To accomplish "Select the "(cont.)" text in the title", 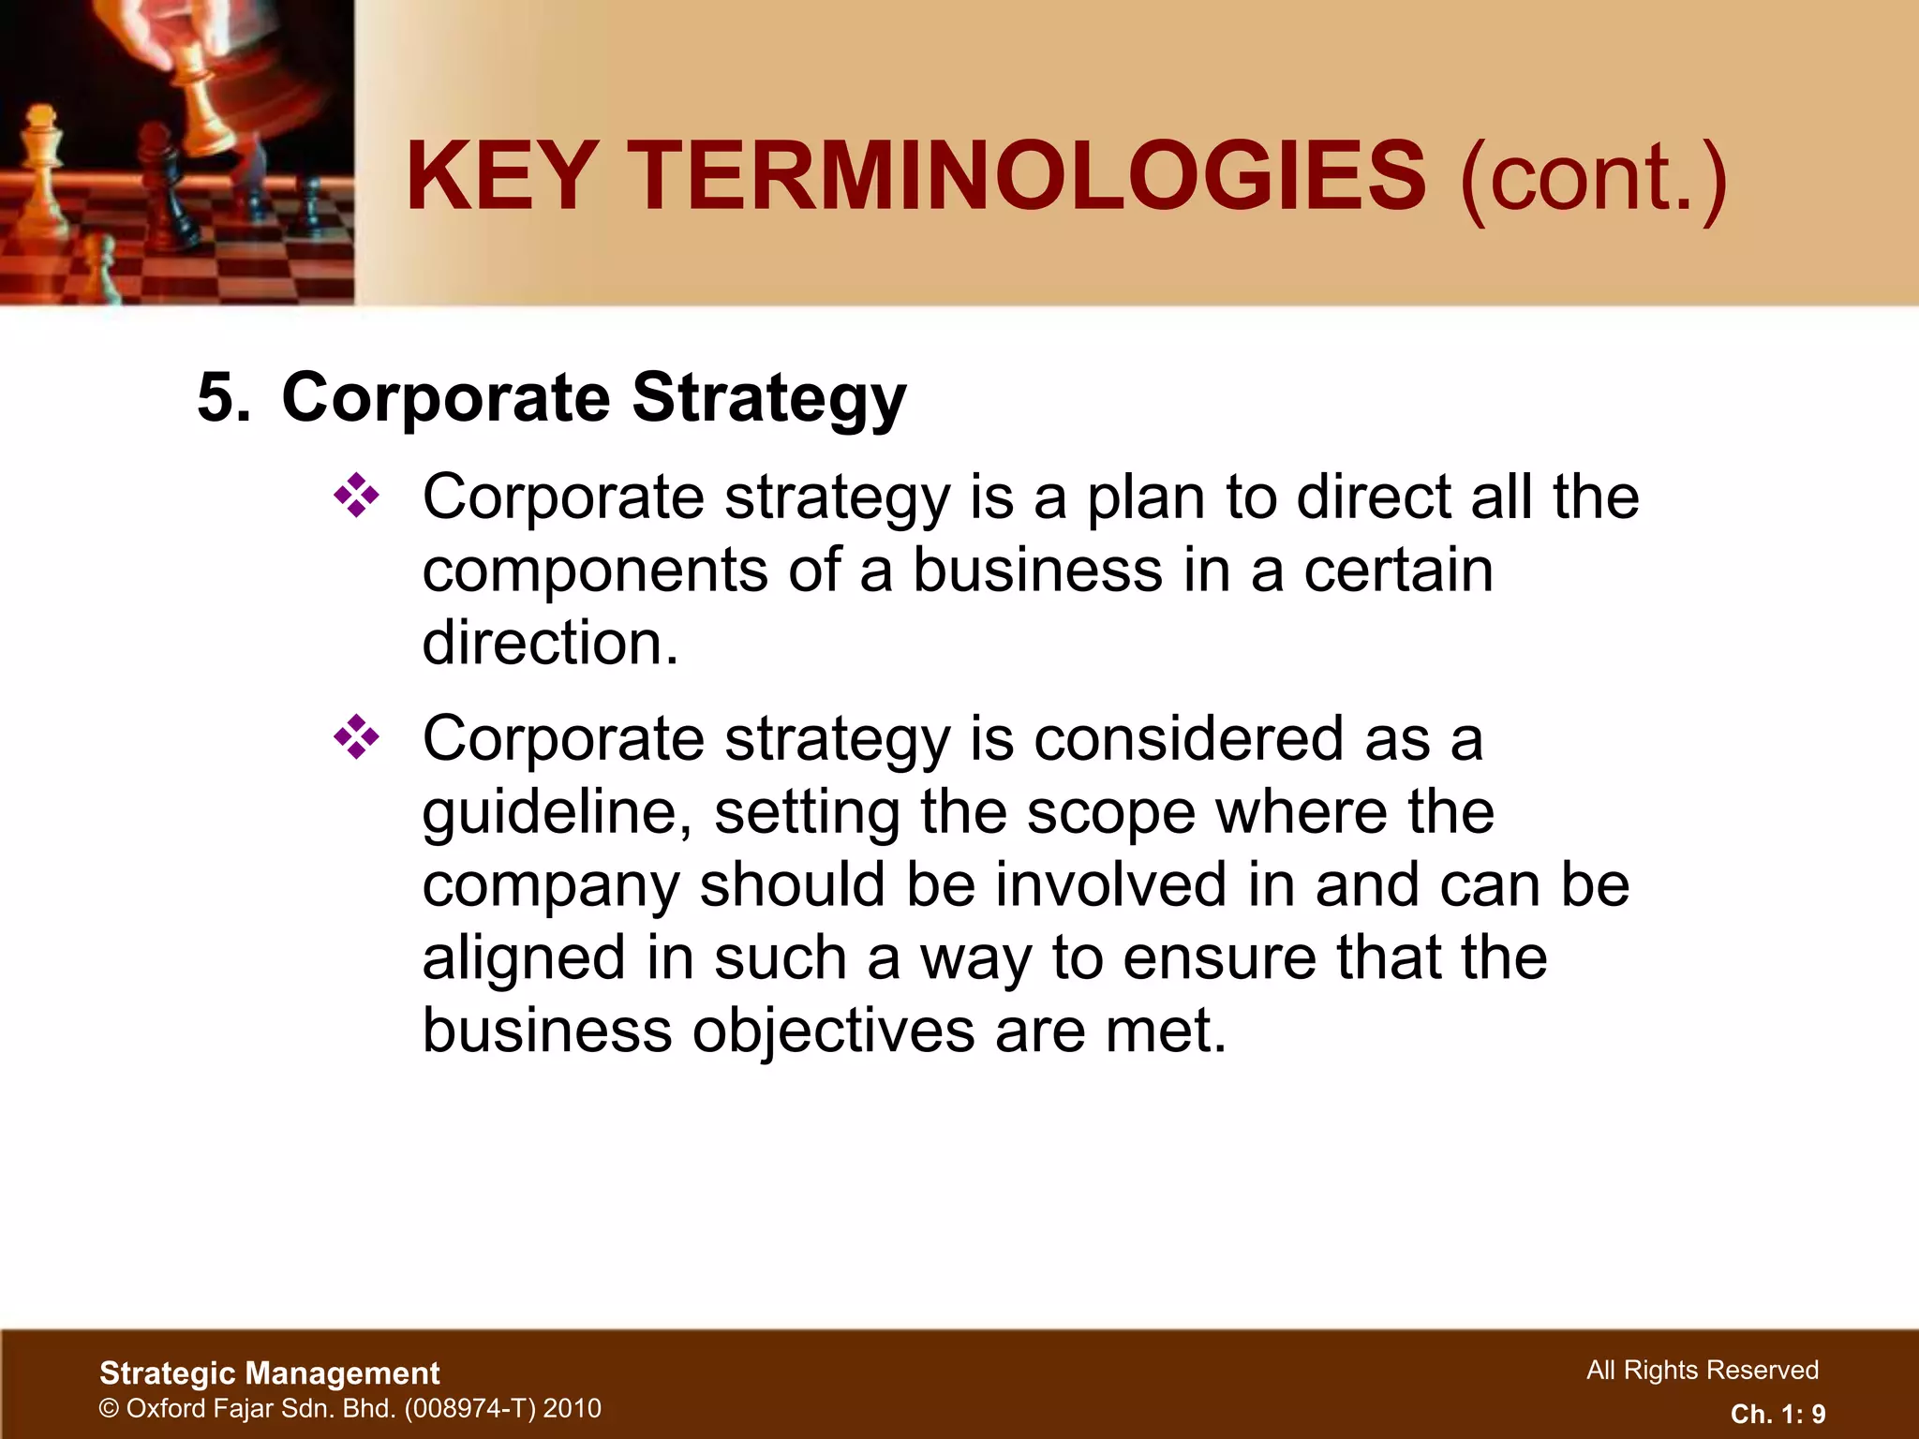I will click(1593, 178).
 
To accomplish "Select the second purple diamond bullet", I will click(357, 737).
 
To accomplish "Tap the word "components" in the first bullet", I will click(594, 571).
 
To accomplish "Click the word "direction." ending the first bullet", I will click(550, 644).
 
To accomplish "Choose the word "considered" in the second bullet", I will click(1188, 738).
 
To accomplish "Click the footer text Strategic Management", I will click(270, 1373).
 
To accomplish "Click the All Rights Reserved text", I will click(1702, 1371).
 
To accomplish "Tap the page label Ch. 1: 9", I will click(1778, 1414).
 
